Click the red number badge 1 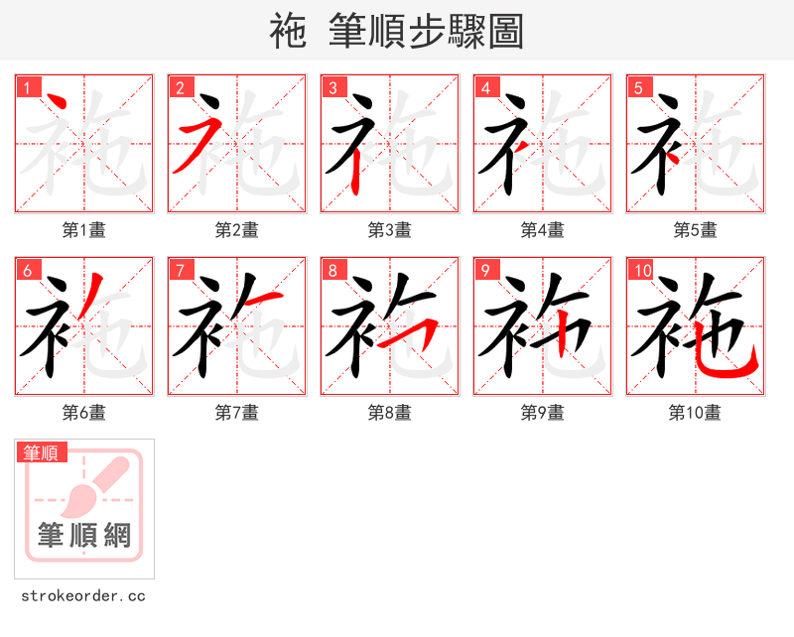[x=27, y=87]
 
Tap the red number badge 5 [x=638, y=87]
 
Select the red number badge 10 [x=641, y=270]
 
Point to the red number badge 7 [x=180, y=270]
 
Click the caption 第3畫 [x=389, y=230]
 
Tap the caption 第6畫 [x=83, y=413]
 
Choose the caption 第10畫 [x=695, y=413]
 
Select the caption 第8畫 [x=389, y=413]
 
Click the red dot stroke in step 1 [x=57, y=102]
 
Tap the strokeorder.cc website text [x=83, y=596]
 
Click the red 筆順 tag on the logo [x=43, y=452]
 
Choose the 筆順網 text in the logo [x=84, y=536]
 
